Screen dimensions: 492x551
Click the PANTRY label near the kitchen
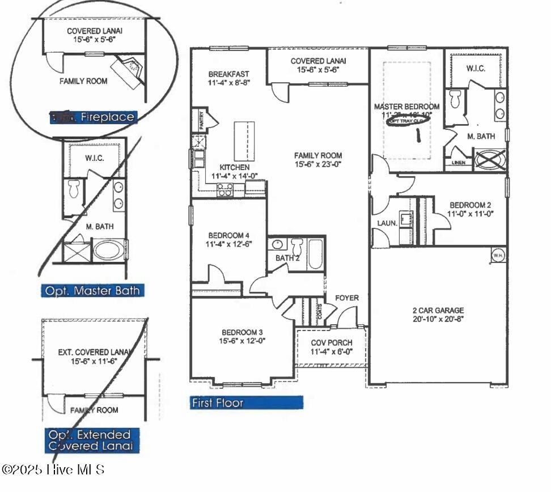201,120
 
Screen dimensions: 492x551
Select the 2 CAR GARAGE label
438,310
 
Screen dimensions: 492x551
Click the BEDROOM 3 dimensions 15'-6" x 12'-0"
243,341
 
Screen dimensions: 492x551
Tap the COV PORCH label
332,342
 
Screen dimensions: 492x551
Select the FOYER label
346,298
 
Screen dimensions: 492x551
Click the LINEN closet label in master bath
459,163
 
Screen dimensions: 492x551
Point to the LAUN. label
387,223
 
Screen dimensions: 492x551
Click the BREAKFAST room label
228,74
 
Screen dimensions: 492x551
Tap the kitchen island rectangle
243,141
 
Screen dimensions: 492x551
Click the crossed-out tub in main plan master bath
490,159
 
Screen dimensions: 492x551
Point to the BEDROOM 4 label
229,235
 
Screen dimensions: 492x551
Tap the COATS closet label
320,311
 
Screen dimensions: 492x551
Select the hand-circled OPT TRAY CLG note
407,120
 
